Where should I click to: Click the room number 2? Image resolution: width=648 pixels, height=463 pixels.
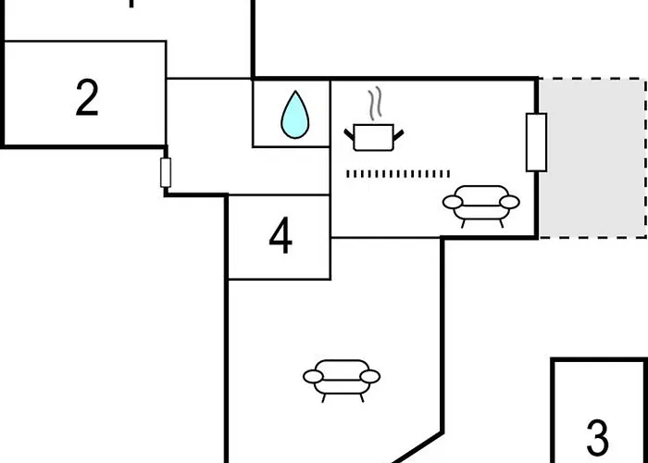pyautogui.click(x=87, y=97)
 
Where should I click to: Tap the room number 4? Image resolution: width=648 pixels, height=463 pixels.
pyautogui.click(x=280, y=236)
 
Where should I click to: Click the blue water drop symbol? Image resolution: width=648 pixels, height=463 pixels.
pyautogui.click(x=295, y=115)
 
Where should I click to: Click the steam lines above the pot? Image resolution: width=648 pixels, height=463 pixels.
pyautogui.click(x=375, y=104)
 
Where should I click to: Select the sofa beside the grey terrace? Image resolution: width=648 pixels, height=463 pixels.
pyautogui.click(x=481, y=206)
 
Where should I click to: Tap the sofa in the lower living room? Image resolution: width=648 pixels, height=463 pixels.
pyautogui.click(x=342, y=381)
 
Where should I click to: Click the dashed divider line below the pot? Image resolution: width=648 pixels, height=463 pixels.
pyautogui.click(x=398, y=174)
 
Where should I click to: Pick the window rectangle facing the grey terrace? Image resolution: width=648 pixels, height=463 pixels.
pyautogui.click(x=536, y=143)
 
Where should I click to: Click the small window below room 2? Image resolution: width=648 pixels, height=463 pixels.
pyautogui.click(x=166, y=172)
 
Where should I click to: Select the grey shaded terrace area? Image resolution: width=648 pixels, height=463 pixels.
pyautogui.click(x=593, y=158)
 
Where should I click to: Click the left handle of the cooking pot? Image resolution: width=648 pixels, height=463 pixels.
pyautogui.click(x=349, y=135)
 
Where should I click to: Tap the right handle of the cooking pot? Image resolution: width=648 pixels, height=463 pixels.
pyautogui.click(x=398, y=135)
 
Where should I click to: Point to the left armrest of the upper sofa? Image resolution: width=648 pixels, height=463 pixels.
pyautogui.click(x=453, y=202)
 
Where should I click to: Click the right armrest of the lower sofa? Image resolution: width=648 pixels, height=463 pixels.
pyautogui.click(x=370, y=377)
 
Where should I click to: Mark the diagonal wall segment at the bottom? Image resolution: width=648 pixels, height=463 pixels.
pyautogui.click(x=417, y=447)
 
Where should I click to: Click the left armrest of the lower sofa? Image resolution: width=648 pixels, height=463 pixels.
pyautogui.click(x=313, y=377)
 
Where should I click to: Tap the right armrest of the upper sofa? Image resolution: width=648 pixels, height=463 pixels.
pyautogui.click(x=509, y=202)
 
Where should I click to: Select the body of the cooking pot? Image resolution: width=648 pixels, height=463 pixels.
pyautogui.click(x=374, y=137)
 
